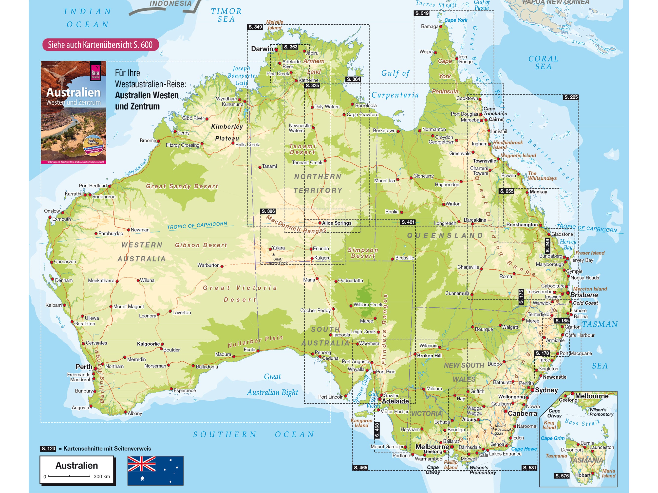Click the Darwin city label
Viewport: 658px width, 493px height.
pos(262,49)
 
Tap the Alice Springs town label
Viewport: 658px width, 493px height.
pos(337,223)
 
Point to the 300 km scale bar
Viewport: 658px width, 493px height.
pos(69,476)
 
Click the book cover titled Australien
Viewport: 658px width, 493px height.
pos(74,112)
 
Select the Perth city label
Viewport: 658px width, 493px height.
pos(84,367)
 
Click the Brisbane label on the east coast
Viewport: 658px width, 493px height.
pos(584,295)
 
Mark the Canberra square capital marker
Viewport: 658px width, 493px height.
pos(505,412)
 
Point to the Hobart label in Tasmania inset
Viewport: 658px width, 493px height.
pos(583,475)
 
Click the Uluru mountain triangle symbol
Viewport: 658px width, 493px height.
pos(273,254)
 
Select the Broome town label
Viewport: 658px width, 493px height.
pos(148,140)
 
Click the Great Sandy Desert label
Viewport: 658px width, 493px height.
pos(182,186)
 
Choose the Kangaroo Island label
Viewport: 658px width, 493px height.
pos(361,423)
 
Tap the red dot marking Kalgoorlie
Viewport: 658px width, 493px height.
pos(162,344)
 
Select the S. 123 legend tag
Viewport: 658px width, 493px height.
pos(48,448)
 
